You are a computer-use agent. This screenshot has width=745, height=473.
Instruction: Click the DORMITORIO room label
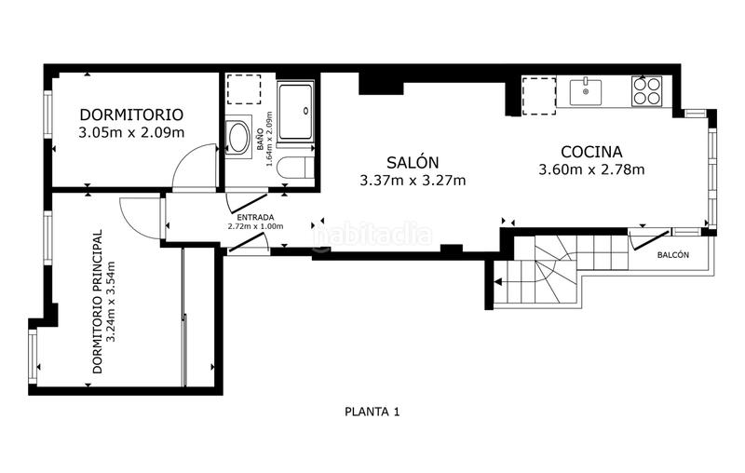(131, 115)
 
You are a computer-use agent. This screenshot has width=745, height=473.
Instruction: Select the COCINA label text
(591, 152)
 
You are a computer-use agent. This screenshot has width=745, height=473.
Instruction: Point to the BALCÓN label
(673, 255)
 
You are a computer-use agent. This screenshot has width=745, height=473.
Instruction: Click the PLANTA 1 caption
(372, 411)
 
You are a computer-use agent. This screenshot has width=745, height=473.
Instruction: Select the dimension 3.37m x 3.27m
(413, 181)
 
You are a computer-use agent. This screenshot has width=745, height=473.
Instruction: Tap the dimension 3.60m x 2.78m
(591, 169)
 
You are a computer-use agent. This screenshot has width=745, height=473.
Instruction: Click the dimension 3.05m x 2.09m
(131, 132)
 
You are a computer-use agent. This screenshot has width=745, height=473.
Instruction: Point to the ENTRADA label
(255, 217)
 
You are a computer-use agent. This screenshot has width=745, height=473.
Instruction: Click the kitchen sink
(586, 91)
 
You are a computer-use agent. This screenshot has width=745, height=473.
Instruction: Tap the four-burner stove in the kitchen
(646, 90)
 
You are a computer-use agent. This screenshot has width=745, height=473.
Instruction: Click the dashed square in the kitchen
(537, 94)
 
